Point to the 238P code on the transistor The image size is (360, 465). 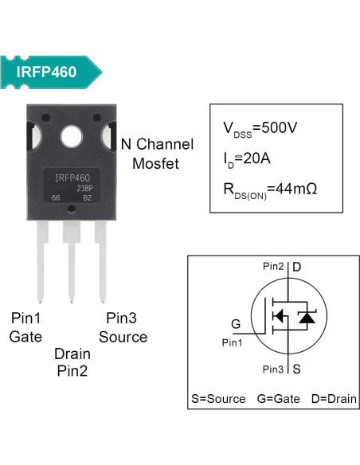pyautogui.click(x=85, y=189)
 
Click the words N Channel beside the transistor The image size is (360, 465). pyautogui.click(x=156, y=145)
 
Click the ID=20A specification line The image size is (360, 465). pyautogui.click(x=247, y=158)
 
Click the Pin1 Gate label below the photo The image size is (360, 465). pyautogui.click(x=25, y=327)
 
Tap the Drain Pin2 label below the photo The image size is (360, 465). pyautogui.click(x=72, y=361)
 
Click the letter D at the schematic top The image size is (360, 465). pyautogui.click(x=295, y=265)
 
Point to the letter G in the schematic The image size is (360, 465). pyautogui.click(x=236, y=324)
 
